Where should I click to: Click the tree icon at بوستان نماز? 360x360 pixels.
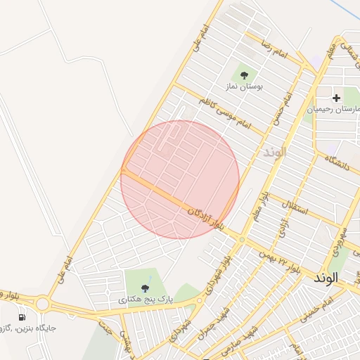pos(244,74)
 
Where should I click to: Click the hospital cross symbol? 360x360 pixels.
pos(336,98)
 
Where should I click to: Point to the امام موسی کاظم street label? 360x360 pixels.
pos(224,113)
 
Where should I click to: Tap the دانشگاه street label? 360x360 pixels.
pos(339,167)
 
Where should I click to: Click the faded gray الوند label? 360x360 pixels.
pos(275,152)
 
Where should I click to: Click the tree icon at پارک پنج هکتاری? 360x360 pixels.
pos(145,288)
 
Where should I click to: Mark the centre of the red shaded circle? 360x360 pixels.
pos(180,179)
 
